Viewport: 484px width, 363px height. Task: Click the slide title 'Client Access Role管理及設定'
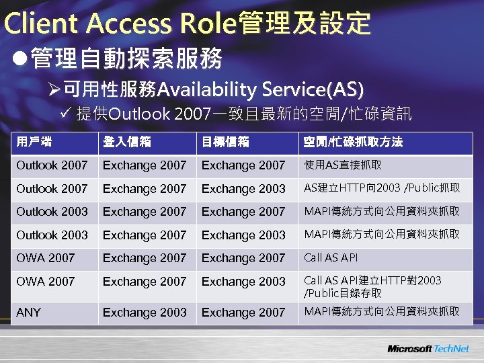click(x=187, y=23)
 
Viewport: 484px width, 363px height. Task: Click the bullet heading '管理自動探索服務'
click(x=126, y=58)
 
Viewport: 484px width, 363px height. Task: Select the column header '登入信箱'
click(x=126, y=142)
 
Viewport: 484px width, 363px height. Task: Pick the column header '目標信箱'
click(x=225, y=142)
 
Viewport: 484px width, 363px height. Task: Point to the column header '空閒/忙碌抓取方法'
click(x=353, y=142)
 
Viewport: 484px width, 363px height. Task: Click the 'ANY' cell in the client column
click(x=29, y=312)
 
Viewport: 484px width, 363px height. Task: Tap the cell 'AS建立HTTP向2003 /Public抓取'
click(x=382, y=188)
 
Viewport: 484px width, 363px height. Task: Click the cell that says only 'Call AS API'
click(x=331, y=257)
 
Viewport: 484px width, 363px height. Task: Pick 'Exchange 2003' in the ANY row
click(x=145, y=312)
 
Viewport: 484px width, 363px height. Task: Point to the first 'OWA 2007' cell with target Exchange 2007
click(x=46, y=257)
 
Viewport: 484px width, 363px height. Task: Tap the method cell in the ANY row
click(x=382, y=312)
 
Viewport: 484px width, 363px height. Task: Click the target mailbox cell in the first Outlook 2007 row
click(x=243, y=165)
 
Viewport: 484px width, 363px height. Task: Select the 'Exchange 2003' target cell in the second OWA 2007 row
click(x=243, y=281)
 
